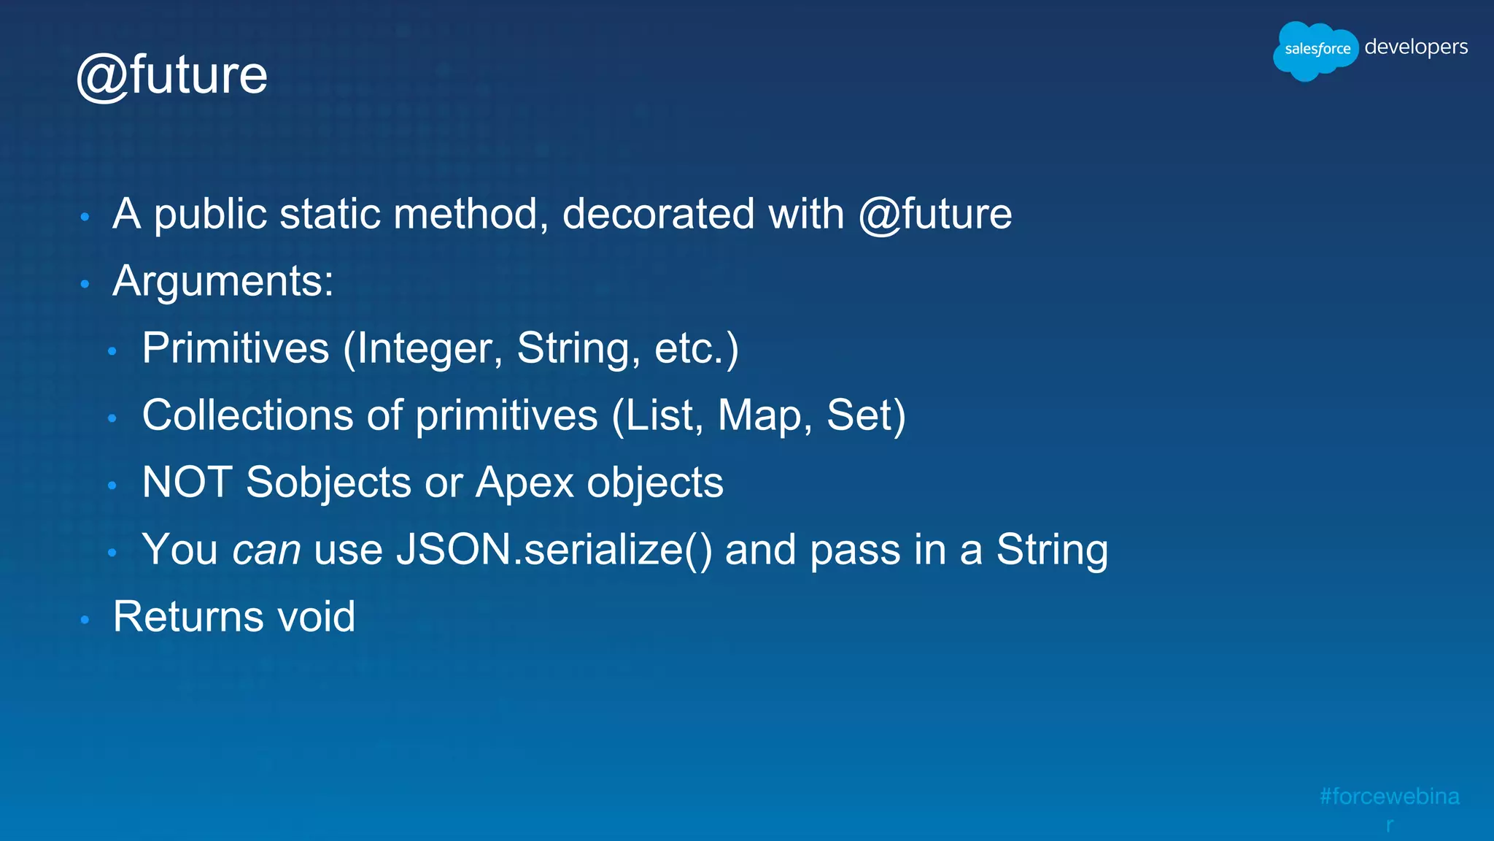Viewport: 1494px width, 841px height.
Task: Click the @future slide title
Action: coord(172,75)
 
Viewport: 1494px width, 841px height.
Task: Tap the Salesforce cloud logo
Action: coord(1315,50)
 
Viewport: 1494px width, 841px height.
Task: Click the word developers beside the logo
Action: coord(1416,47)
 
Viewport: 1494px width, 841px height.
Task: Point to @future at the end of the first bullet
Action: coord(935,214)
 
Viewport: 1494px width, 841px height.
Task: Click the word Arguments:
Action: coord(223,281)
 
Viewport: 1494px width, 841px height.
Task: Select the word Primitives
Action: coord(236,348)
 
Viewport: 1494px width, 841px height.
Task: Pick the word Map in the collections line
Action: coord(759,415)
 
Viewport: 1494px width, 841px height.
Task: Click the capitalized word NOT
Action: coord(187,483)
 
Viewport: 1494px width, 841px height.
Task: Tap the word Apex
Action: coord(525,483)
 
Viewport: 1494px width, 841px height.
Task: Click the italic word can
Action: coord(266,550)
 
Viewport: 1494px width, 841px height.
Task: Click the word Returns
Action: coord(188,617)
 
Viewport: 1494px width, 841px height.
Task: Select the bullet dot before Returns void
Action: coord(85,620)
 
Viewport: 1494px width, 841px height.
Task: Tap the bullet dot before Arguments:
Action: coord(85,284)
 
